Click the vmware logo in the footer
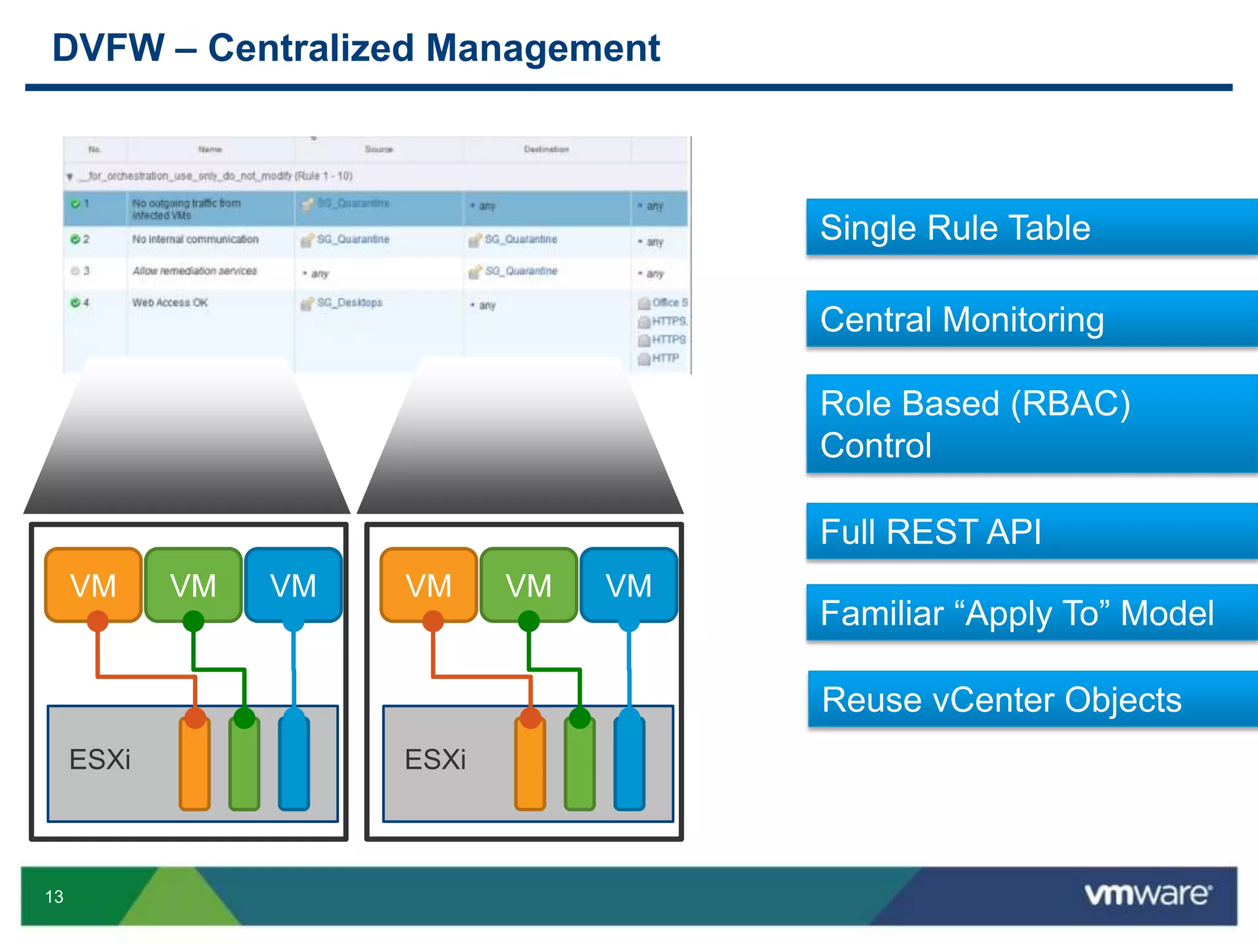1147,894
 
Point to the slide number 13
54,897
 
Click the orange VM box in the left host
93,584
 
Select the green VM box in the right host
528,584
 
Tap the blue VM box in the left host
293,584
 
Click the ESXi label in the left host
100,760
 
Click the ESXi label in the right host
435,760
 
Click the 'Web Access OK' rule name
170,302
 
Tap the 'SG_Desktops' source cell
349,302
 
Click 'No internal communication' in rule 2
195,239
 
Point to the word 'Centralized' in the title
310,48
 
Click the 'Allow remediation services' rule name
195,271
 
